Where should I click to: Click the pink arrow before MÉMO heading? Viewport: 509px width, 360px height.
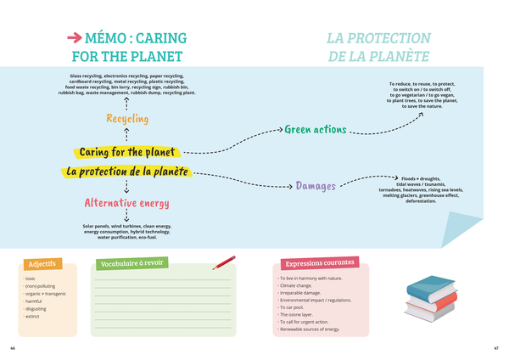click(x=75, y=38)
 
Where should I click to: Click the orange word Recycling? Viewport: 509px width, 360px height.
click(x=127, y=118)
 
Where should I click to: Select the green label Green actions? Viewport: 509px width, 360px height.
click(x=315, y=130)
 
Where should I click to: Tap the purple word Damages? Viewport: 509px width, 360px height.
click(x=316, y=186)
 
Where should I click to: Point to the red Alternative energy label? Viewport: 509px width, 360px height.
click(x=126, y=203)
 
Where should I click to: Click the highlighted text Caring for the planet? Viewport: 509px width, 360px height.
click(x=127, y=152)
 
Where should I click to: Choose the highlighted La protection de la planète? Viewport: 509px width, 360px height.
click(x=127, y=171)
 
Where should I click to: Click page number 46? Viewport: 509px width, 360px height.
click(x=12, y=348)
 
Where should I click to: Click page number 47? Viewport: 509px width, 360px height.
click(x=496, y=348)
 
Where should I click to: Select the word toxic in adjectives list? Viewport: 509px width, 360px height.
click(x=31, y=278)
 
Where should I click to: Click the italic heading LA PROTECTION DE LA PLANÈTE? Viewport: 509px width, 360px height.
click(x=378, y=48)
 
